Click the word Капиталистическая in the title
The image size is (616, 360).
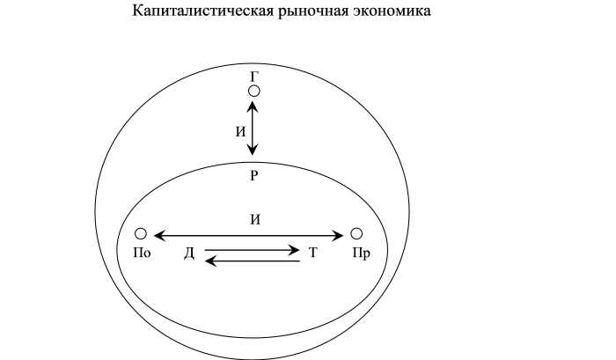coord(202,11)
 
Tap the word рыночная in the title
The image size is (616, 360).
coord(312,11)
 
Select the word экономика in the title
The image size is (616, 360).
coord(391,11)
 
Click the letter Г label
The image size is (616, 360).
coord(254,77)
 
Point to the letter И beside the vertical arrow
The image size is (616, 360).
coord(240,132)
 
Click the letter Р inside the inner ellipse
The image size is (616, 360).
coord(254,175)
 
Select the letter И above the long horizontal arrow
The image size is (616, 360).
coord(255,219)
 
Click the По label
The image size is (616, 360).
coord(142,253)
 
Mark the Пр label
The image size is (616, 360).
coord(361,253)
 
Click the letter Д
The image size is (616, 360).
coord(189,253)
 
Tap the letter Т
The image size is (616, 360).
coord(312,253)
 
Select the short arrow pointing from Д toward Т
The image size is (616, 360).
coord(252,250)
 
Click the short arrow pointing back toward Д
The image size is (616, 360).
coord(253,261)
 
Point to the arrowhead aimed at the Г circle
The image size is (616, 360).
coord(253,107)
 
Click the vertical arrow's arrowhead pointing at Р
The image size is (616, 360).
coord(253,150)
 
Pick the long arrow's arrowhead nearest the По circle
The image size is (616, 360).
coord(160,236)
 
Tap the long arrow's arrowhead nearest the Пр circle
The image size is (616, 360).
coord(337,236)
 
